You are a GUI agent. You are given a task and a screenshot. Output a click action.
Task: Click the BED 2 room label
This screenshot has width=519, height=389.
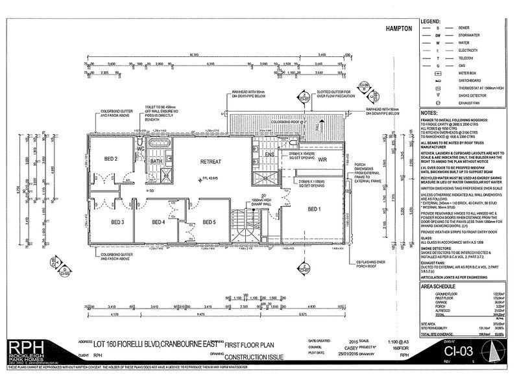(111, 158)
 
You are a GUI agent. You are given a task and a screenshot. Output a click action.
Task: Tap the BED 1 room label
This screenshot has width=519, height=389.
(315, 209)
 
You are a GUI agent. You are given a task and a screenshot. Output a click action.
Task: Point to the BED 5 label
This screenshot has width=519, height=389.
(210, 222)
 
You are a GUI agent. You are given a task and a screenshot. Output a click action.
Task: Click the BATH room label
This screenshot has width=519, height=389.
(156, 161)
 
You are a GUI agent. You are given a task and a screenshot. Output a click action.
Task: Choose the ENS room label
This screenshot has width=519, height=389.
(270, 155)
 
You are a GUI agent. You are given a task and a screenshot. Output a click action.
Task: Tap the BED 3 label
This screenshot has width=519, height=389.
(117, 222)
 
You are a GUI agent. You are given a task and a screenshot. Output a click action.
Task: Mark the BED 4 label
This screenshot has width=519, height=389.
(159, 222)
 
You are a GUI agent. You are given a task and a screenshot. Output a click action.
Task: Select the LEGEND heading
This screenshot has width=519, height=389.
(432, 21)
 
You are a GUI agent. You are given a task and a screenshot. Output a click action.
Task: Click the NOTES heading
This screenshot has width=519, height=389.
(429, 112)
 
